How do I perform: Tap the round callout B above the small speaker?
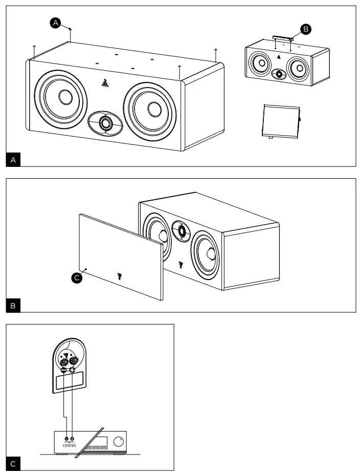click(305, 30)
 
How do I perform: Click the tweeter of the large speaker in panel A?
click(105, 123)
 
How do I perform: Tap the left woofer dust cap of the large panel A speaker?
click(65, 97)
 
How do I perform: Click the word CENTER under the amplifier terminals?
click(69, 445)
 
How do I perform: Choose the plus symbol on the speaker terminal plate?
click(72, 370)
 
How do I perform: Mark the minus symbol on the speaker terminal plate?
click(63, 370)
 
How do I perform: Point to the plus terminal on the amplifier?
click(72, 439)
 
